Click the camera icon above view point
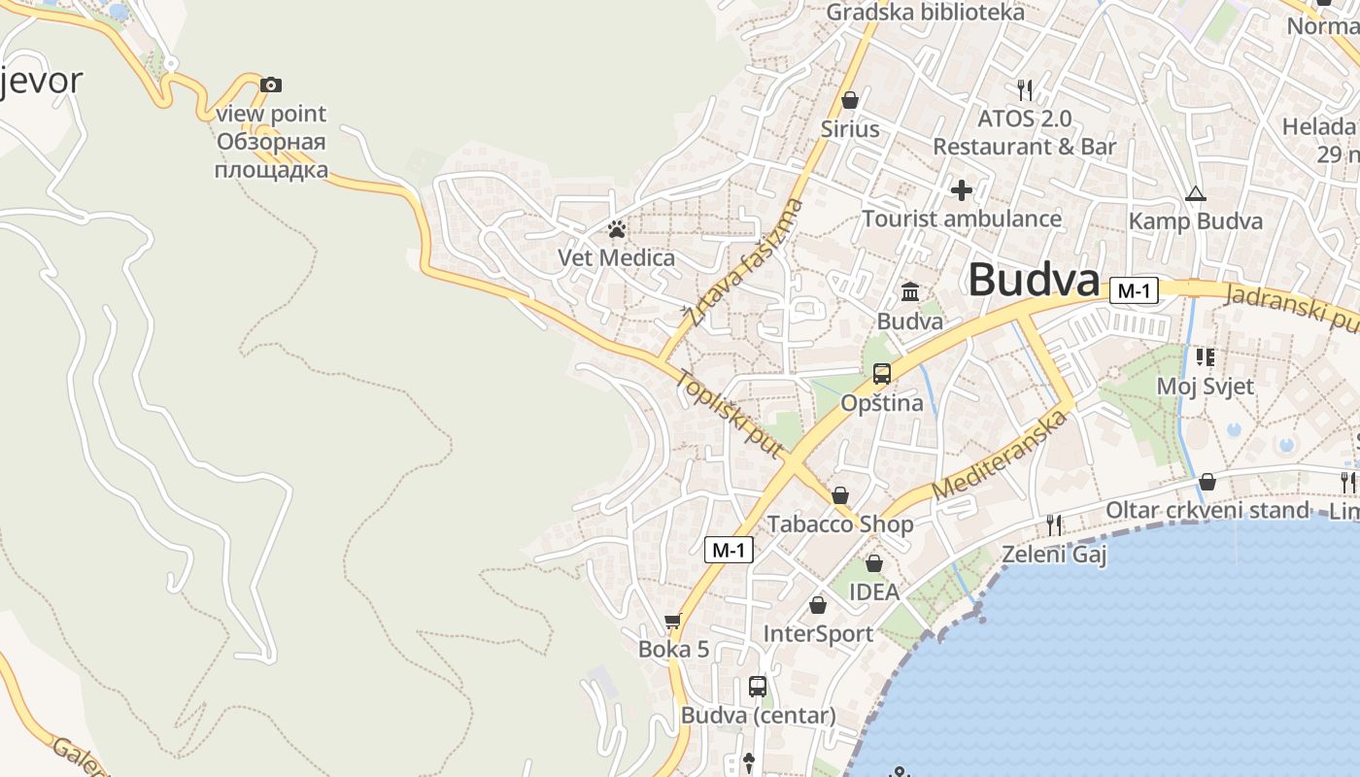[271, 85]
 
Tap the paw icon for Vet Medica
[616, 230]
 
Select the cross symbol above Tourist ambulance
[962, 190]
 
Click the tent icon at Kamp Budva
[1195, 193]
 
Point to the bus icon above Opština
[882, 373]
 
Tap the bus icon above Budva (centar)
[758, 687]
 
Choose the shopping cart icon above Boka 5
[673, 621]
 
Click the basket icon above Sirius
[850, 100]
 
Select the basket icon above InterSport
[818, 605]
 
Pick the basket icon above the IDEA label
[874, 563]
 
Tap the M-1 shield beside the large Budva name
[1135, 290]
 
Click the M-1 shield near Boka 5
[729, 550]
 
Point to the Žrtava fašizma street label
[744, 261]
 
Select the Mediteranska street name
[1000, 455]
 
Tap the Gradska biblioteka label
[925, 13]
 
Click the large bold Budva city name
[1034, 281]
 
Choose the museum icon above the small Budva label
[910, 291]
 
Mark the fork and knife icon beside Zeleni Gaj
[1054, 525]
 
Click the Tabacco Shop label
[840, 524]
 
